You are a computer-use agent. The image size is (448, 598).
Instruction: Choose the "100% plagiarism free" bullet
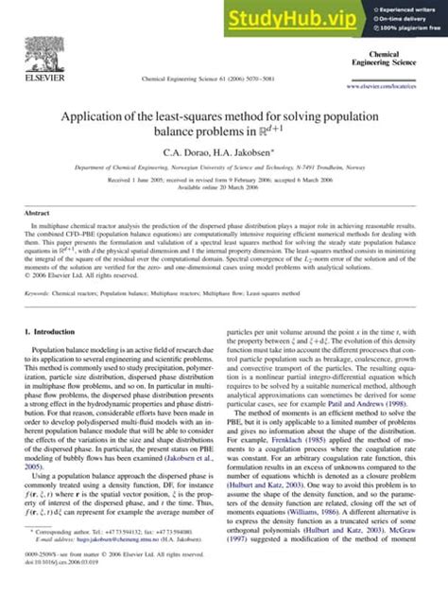pyautogui.click(x=411, y=31)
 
